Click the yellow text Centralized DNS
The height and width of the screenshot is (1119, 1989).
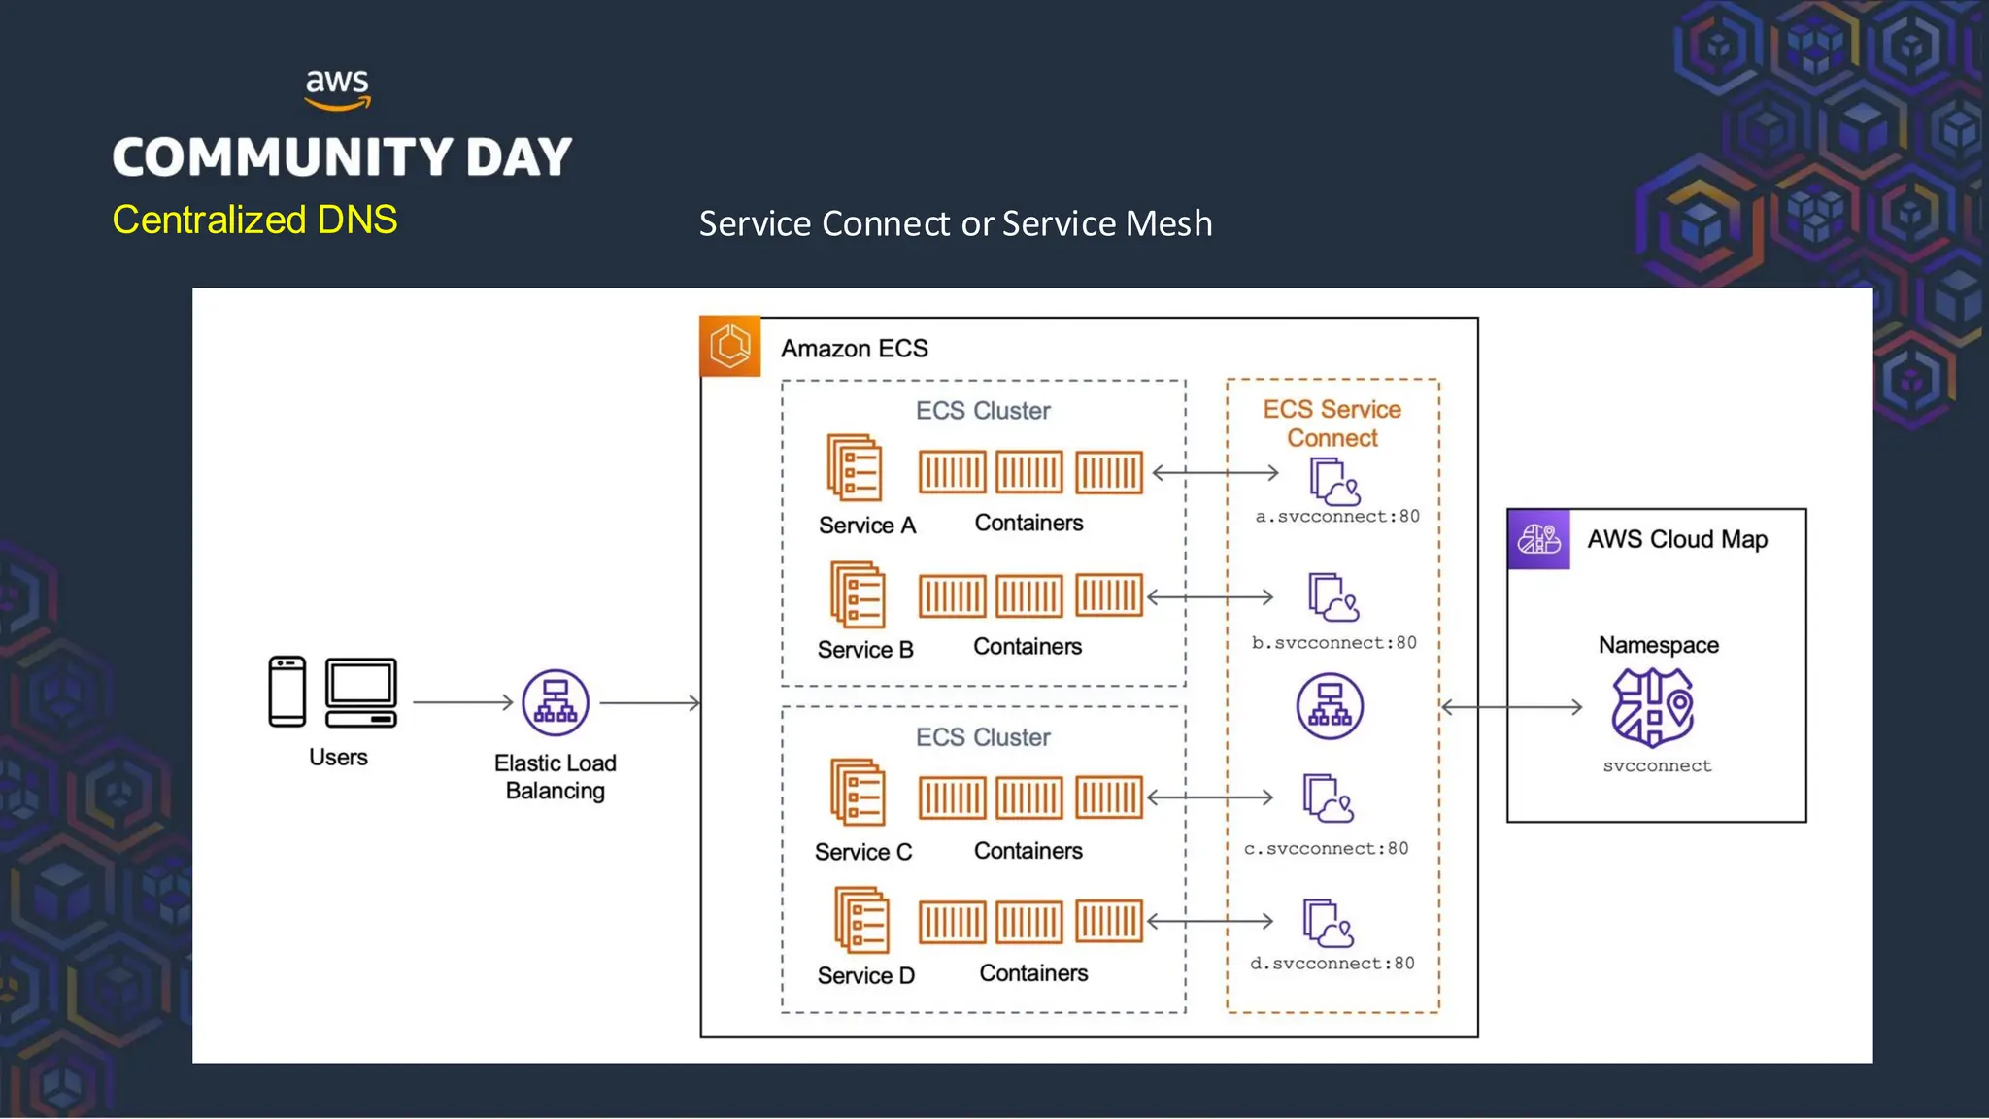pyautogui.click(x=254, y=220)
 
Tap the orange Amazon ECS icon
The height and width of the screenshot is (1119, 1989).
pyautogui.click(x=729, y=346)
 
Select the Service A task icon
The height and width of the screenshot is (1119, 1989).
pyautogui.click(x=855, y=467)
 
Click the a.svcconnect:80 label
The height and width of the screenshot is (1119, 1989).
pyautogui.click(x=1336, y=517)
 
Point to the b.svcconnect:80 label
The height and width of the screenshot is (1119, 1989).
pyautogui.click(x=1333, y=643)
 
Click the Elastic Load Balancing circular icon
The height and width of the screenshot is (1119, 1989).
pyautogui.click(x=556, y=702)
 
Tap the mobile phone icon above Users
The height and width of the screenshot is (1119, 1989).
pyautogui.click(x=287, y=692)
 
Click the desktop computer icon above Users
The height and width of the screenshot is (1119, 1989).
pyautogui.click(x=361, y=693)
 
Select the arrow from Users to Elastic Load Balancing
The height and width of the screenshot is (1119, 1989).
pyautogui.click(x=462, y=701)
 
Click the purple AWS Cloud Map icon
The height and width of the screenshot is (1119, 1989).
pyautogui.click(x=1538, y=539)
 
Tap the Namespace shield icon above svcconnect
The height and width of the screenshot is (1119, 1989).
pyautogui.click(x=1652, y=707)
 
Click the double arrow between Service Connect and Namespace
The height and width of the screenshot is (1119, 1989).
pyautogui.click(x=1511, y=707)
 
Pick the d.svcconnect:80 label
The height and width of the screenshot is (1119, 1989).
pyautogui.click(x=1332, y=964)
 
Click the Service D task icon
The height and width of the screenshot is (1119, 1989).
pyautogui.click(x=861, y=920)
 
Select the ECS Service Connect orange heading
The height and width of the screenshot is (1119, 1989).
pyautogui.click(x=1332, y=424)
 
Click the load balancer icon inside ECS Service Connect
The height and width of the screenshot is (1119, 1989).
pyautogui.click(x=1330, y=706)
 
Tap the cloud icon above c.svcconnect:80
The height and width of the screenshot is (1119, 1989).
pyautogui.click(x=1328, y=798)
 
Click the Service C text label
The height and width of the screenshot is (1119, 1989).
pyautogui.click(x=863, y=852)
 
